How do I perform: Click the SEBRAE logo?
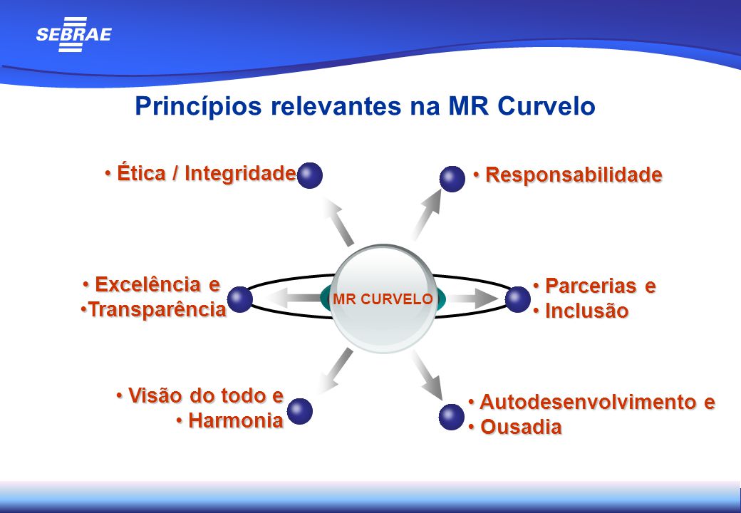click(73, 34)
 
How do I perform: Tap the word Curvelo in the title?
click(546, 106)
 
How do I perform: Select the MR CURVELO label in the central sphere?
click(383, 299)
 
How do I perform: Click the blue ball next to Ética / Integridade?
click(309, 175)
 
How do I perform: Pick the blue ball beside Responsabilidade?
click(452, 179)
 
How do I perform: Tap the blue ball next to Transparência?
click(240, 299)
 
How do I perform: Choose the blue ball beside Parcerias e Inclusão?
click(518, 299)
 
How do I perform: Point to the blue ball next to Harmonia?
click(300, 411)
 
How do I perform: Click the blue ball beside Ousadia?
click(451, 417)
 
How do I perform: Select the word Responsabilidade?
click(574, 175)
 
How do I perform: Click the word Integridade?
click(241, 173)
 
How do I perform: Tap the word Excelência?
click(147, 285)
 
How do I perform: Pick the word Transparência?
click(157, 310)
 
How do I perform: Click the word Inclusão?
click(587, 311)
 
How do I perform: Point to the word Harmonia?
click(236, 421)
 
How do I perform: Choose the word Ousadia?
click(521, 427)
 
